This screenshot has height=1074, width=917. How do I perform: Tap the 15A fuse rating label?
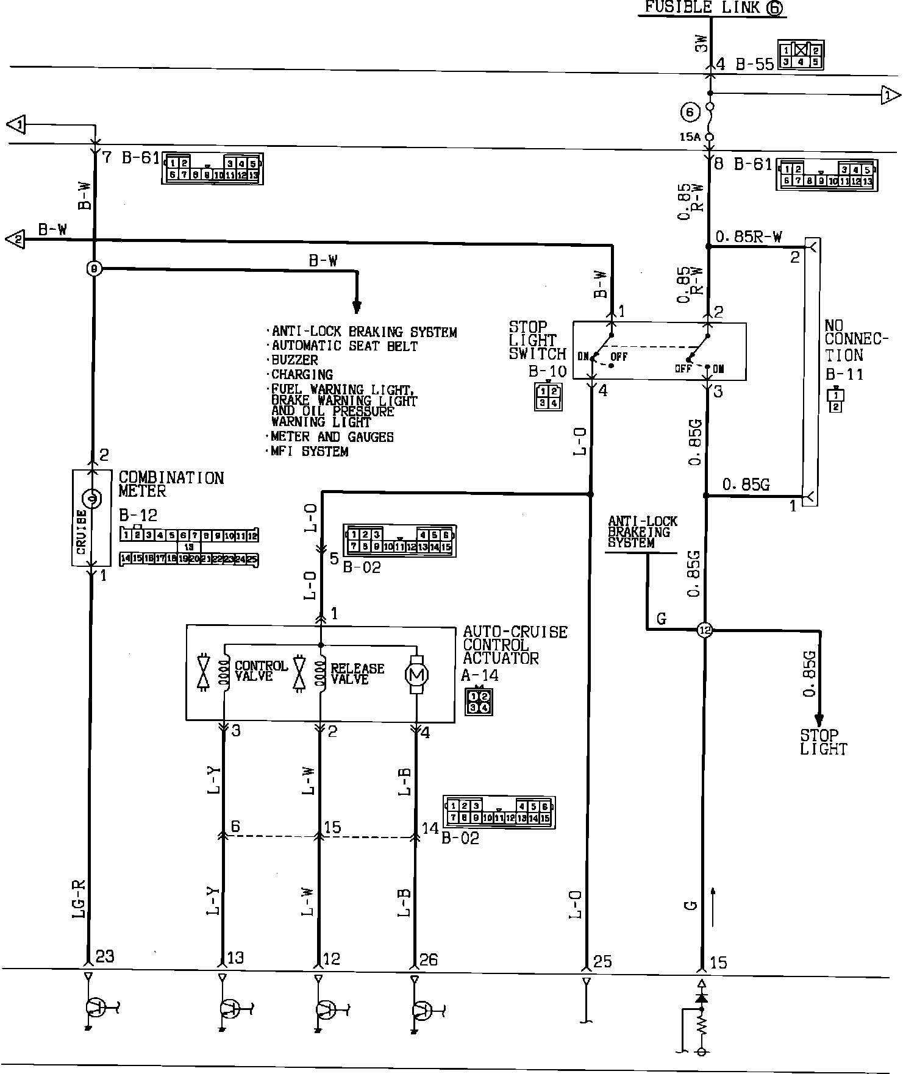click(690, 138)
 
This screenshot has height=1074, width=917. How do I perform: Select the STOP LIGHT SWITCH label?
click(537, 341)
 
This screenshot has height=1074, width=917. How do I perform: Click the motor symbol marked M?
click(418, 675)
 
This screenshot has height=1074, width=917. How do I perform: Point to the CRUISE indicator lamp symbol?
click(93, 499)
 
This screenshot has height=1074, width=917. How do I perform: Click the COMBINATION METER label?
click(171, 485)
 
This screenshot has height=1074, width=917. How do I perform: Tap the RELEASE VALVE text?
click(357, 674)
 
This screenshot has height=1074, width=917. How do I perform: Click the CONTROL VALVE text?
click(260, 670)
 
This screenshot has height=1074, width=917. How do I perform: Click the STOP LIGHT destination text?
click(822, 742)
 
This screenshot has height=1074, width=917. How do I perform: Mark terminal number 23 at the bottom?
click(105, 956)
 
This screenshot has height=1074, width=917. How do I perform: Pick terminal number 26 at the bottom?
click(429, 960)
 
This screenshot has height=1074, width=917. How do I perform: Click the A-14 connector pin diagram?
click(478, 702)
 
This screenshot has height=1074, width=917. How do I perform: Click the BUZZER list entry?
click(294, 360)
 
